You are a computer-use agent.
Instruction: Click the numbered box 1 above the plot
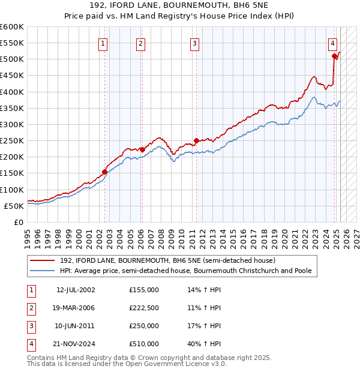coord(104,43)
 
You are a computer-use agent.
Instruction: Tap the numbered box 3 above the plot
coord(195,43)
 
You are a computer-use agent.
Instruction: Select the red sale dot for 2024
coord(334,56)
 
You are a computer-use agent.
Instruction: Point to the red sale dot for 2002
coord(105,172)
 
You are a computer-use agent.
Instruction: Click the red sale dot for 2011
coord(196,140)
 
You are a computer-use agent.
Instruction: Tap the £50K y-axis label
coord(14,206)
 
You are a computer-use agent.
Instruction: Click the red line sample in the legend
coord(43,261)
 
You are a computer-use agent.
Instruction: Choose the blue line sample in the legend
coord(43,271)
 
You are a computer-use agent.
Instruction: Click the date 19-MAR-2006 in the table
coord(75,308)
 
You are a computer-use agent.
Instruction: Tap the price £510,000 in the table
coord(144,344)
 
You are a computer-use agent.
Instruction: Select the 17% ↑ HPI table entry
coord(205,326)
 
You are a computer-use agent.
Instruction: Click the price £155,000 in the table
coord(144,290)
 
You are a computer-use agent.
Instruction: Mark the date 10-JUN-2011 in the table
coord(75,326)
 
